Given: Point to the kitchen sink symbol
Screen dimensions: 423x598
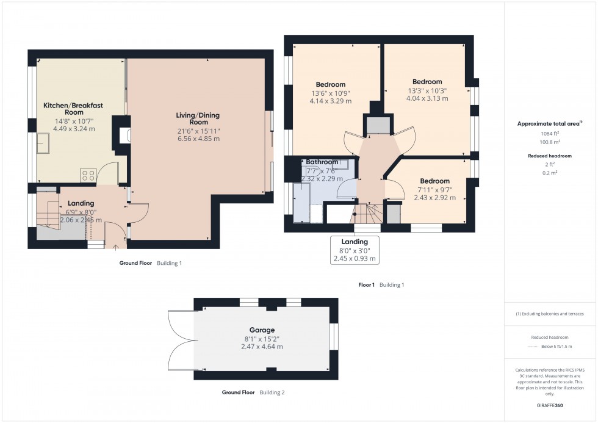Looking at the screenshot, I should [x=44, y=145].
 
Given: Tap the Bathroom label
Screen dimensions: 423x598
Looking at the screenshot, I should [x=322, y=162].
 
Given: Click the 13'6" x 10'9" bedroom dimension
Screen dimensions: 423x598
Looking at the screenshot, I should [x=331, y=93].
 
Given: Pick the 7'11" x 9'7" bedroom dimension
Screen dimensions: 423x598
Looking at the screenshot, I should [x=434, y=189].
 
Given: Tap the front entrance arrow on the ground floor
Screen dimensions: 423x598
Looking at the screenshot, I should [x=117, y=247].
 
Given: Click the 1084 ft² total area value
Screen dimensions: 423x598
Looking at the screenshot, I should [x=550, y=133].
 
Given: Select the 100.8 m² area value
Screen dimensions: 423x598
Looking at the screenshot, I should [x=550, y=142].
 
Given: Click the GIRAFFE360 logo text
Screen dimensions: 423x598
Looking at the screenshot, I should [x=550, y=405].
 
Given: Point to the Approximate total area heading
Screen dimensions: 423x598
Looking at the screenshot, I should [x=549, y=123].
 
